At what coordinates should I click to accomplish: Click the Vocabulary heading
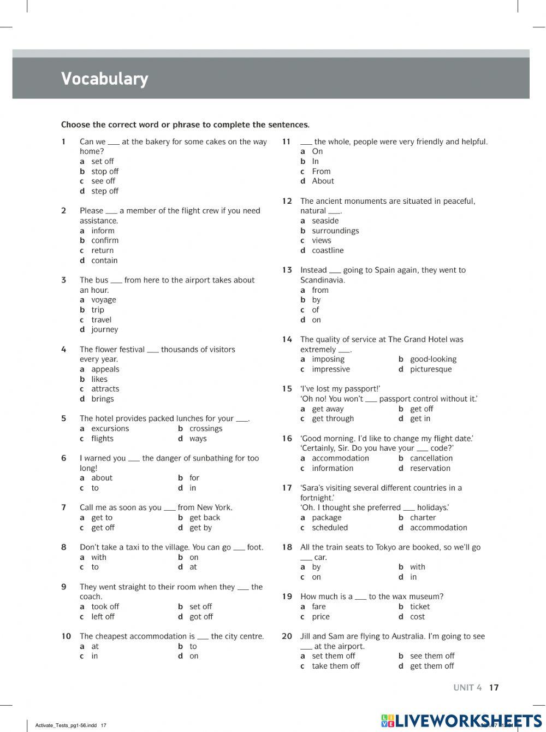click(x=104, y=79)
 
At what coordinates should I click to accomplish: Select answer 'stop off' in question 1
click(x=104, y=172)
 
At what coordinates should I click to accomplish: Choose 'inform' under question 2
click(x=103, y=231)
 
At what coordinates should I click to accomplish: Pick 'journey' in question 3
click(x=104, y=329)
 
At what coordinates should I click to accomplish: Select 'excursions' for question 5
click(x=110, y=428)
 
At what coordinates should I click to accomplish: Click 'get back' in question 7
click(x=205, y=518)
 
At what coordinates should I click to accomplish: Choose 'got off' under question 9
click(x=201, y=617)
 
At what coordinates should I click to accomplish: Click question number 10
click(x=66, y=636)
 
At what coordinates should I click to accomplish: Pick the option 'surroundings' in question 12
click(x=335, y=231)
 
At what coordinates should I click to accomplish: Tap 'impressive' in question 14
click(x=331, y=369)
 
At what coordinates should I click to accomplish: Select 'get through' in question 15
click(x=333, y=418)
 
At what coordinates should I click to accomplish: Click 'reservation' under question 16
click(x=430, y=468)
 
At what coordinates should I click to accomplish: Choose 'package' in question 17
click(x=327, y=518)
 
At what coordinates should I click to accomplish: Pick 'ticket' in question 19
click(x=420, y=606)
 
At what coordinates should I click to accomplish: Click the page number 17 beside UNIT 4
click(x=494, y=688)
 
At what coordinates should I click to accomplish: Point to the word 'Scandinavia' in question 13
click(x=322, y=280)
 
